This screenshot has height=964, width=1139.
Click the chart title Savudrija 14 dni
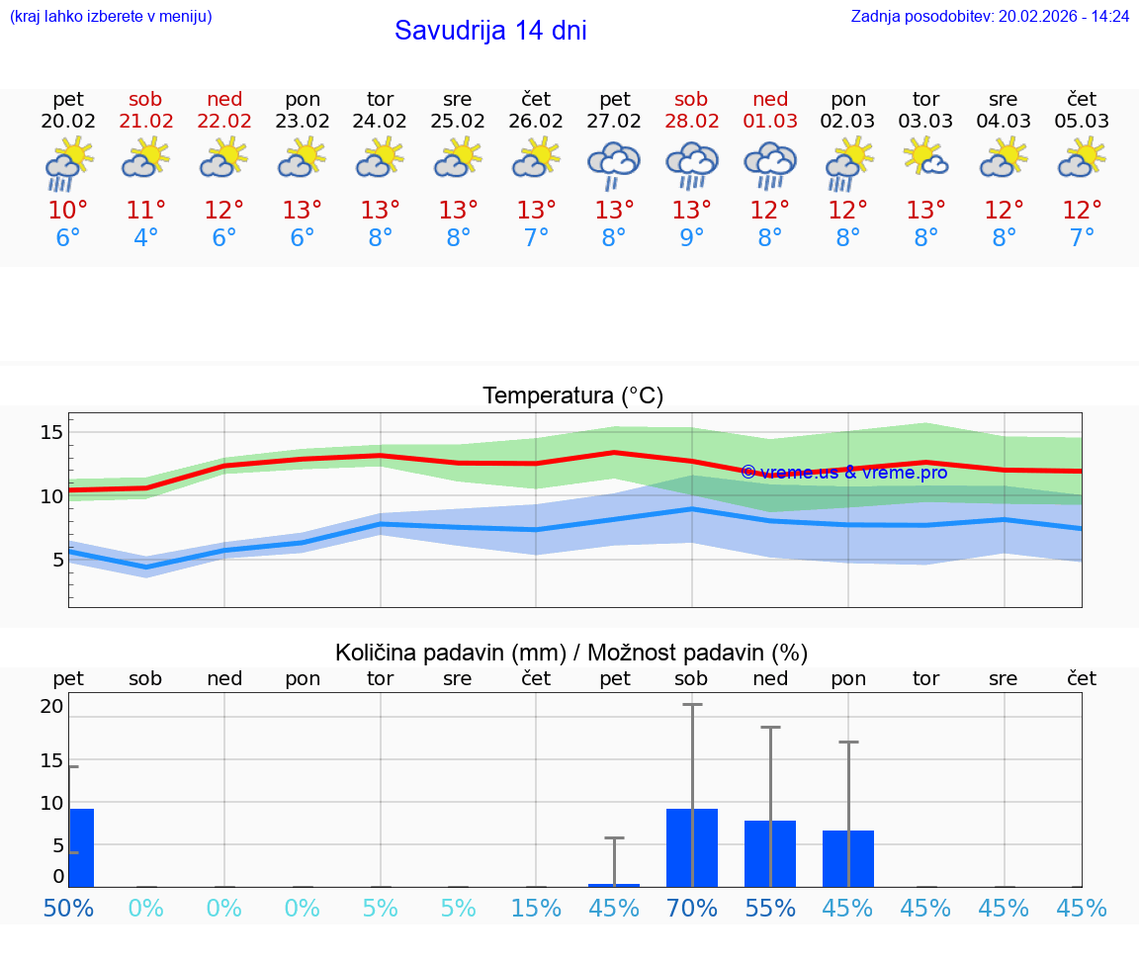point(490,31)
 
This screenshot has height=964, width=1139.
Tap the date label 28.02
point(691,122)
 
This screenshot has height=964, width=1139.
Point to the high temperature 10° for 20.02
point(68,211)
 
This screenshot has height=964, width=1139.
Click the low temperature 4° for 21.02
point(146,238)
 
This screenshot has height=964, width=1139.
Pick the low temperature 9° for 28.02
point(691,238)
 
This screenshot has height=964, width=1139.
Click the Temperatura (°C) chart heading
point(572,396)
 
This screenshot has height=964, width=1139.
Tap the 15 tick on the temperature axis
point(51,432)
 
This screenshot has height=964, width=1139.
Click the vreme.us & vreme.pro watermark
point(843,473)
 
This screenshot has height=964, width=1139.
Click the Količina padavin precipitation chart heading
point(571,653)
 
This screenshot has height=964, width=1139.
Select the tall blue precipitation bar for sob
point(692,847)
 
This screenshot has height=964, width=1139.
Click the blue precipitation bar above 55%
point(770,853)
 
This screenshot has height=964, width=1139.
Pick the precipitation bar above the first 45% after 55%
point(848,858)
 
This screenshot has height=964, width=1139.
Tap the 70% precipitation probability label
point(691,908)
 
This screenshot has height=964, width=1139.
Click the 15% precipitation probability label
point(536,908)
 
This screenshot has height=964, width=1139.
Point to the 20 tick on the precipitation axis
point(51,706)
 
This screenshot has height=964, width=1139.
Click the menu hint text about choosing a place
point(111,17)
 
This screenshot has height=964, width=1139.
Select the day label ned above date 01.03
point(770,99)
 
